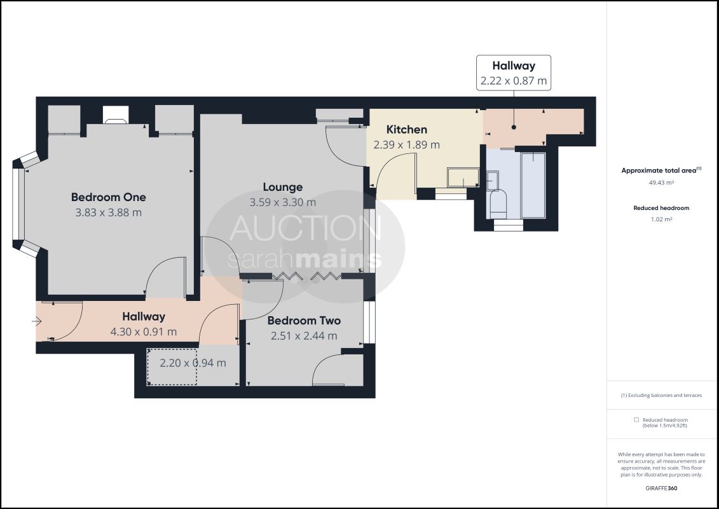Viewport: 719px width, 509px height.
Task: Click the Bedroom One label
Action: pos(109,197)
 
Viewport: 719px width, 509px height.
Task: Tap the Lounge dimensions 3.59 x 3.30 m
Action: pos(282,202)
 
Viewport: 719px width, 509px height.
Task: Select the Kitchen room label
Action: pos(407,129)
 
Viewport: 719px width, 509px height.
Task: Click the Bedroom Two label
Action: pos(304,321)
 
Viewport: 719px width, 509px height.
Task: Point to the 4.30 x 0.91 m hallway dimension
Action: pos(144,332)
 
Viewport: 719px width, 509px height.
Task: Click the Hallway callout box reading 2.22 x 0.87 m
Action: pos(514,73)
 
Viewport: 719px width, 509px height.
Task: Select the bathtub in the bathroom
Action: pos(533,185)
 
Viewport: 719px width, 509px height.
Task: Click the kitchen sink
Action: pos(463,177)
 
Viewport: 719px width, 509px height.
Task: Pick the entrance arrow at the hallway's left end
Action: pos(37,321)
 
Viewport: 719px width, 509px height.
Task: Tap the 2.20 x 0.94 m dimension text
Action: pos(193,363)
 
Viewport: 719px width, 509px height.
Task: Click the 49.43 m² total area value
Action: pos(661,183)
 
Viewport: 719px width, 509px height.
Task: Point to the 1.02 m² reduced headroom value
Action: pos(661,220)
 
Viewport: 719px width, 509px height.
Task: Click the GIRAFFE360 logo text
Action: pos(661,489)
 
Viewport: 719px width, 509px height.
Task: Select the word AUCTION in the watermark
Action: pos(305,228)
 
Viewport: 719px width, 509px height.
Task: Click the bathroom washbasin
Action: pos(493,180)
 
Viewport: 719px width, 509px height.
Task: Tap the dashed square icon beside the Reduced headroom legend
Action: pos(636,420)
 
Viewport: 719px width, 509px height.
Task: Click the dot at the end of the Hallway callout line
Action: pos(514,127)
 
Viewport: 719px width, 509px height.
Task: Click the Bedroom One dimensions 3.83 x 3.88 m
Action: pos(109,213)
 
